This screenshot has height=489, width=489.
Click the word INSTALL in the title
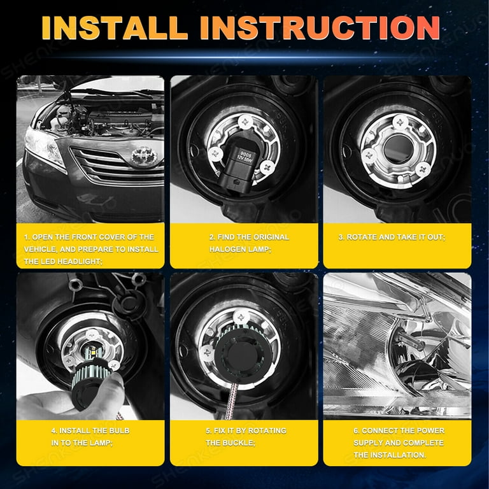[x=115, y=28]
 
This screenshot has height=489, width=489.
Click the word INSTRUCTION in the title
[x=320, y=28]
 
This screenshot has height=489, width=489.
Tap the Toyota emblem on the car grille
[x=144, y=155]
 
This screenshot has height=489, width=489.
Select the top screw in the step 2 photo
[x=245, y=122]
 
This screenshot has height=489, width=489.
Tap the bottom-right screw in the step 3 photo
[x=423, y=169]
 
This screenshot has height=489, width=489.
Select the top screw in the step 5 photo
[x=241, y=317]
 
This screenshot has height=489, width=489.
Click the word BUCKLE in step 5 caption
[x=239, y=443]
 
